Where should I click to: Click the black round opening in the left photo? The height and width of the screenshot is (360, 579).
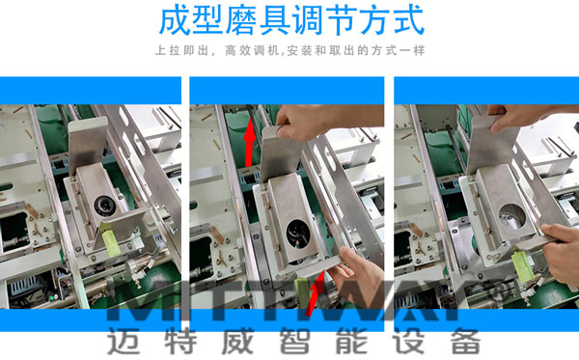104,204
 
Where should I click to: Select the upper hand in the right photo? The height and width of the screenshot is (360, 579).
526,116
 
